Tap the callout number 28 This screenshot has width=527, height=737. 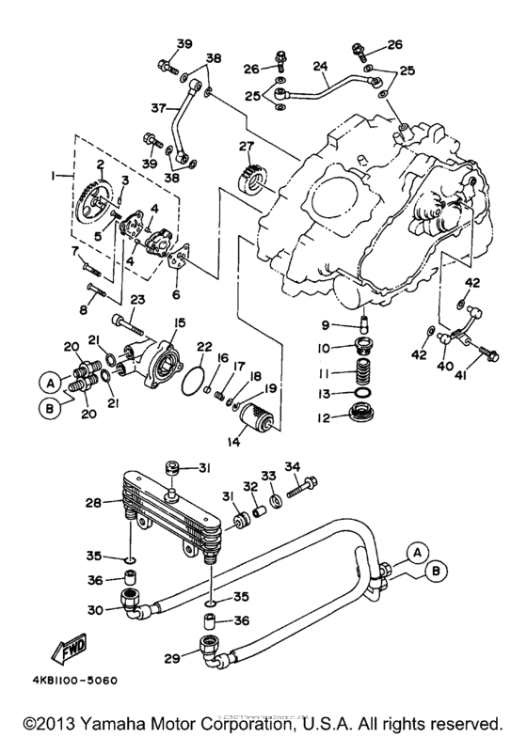[x=91, y=504]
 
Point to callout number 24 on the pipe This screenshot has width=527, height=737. [x=320, y=67]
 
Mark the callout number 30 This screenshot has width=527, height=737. [x=95, y=609]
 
